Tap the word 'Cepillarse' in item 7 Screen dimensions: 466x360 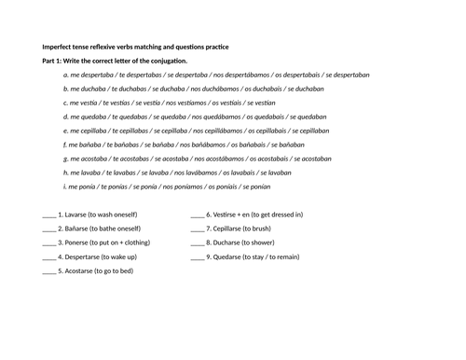point(231,229)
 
